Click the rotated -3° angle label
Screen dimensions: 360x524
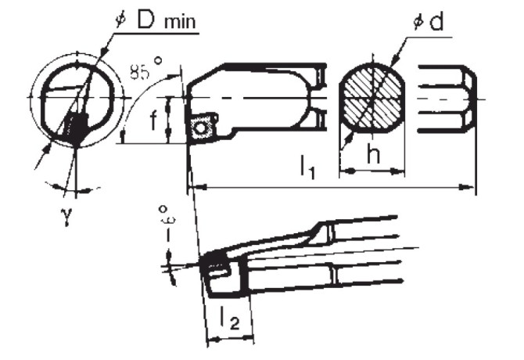(164, 224)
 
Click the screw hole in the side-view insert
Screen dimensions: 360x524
(203, 125)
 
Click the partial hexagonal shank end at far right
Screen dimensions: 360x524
(446, 98)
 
